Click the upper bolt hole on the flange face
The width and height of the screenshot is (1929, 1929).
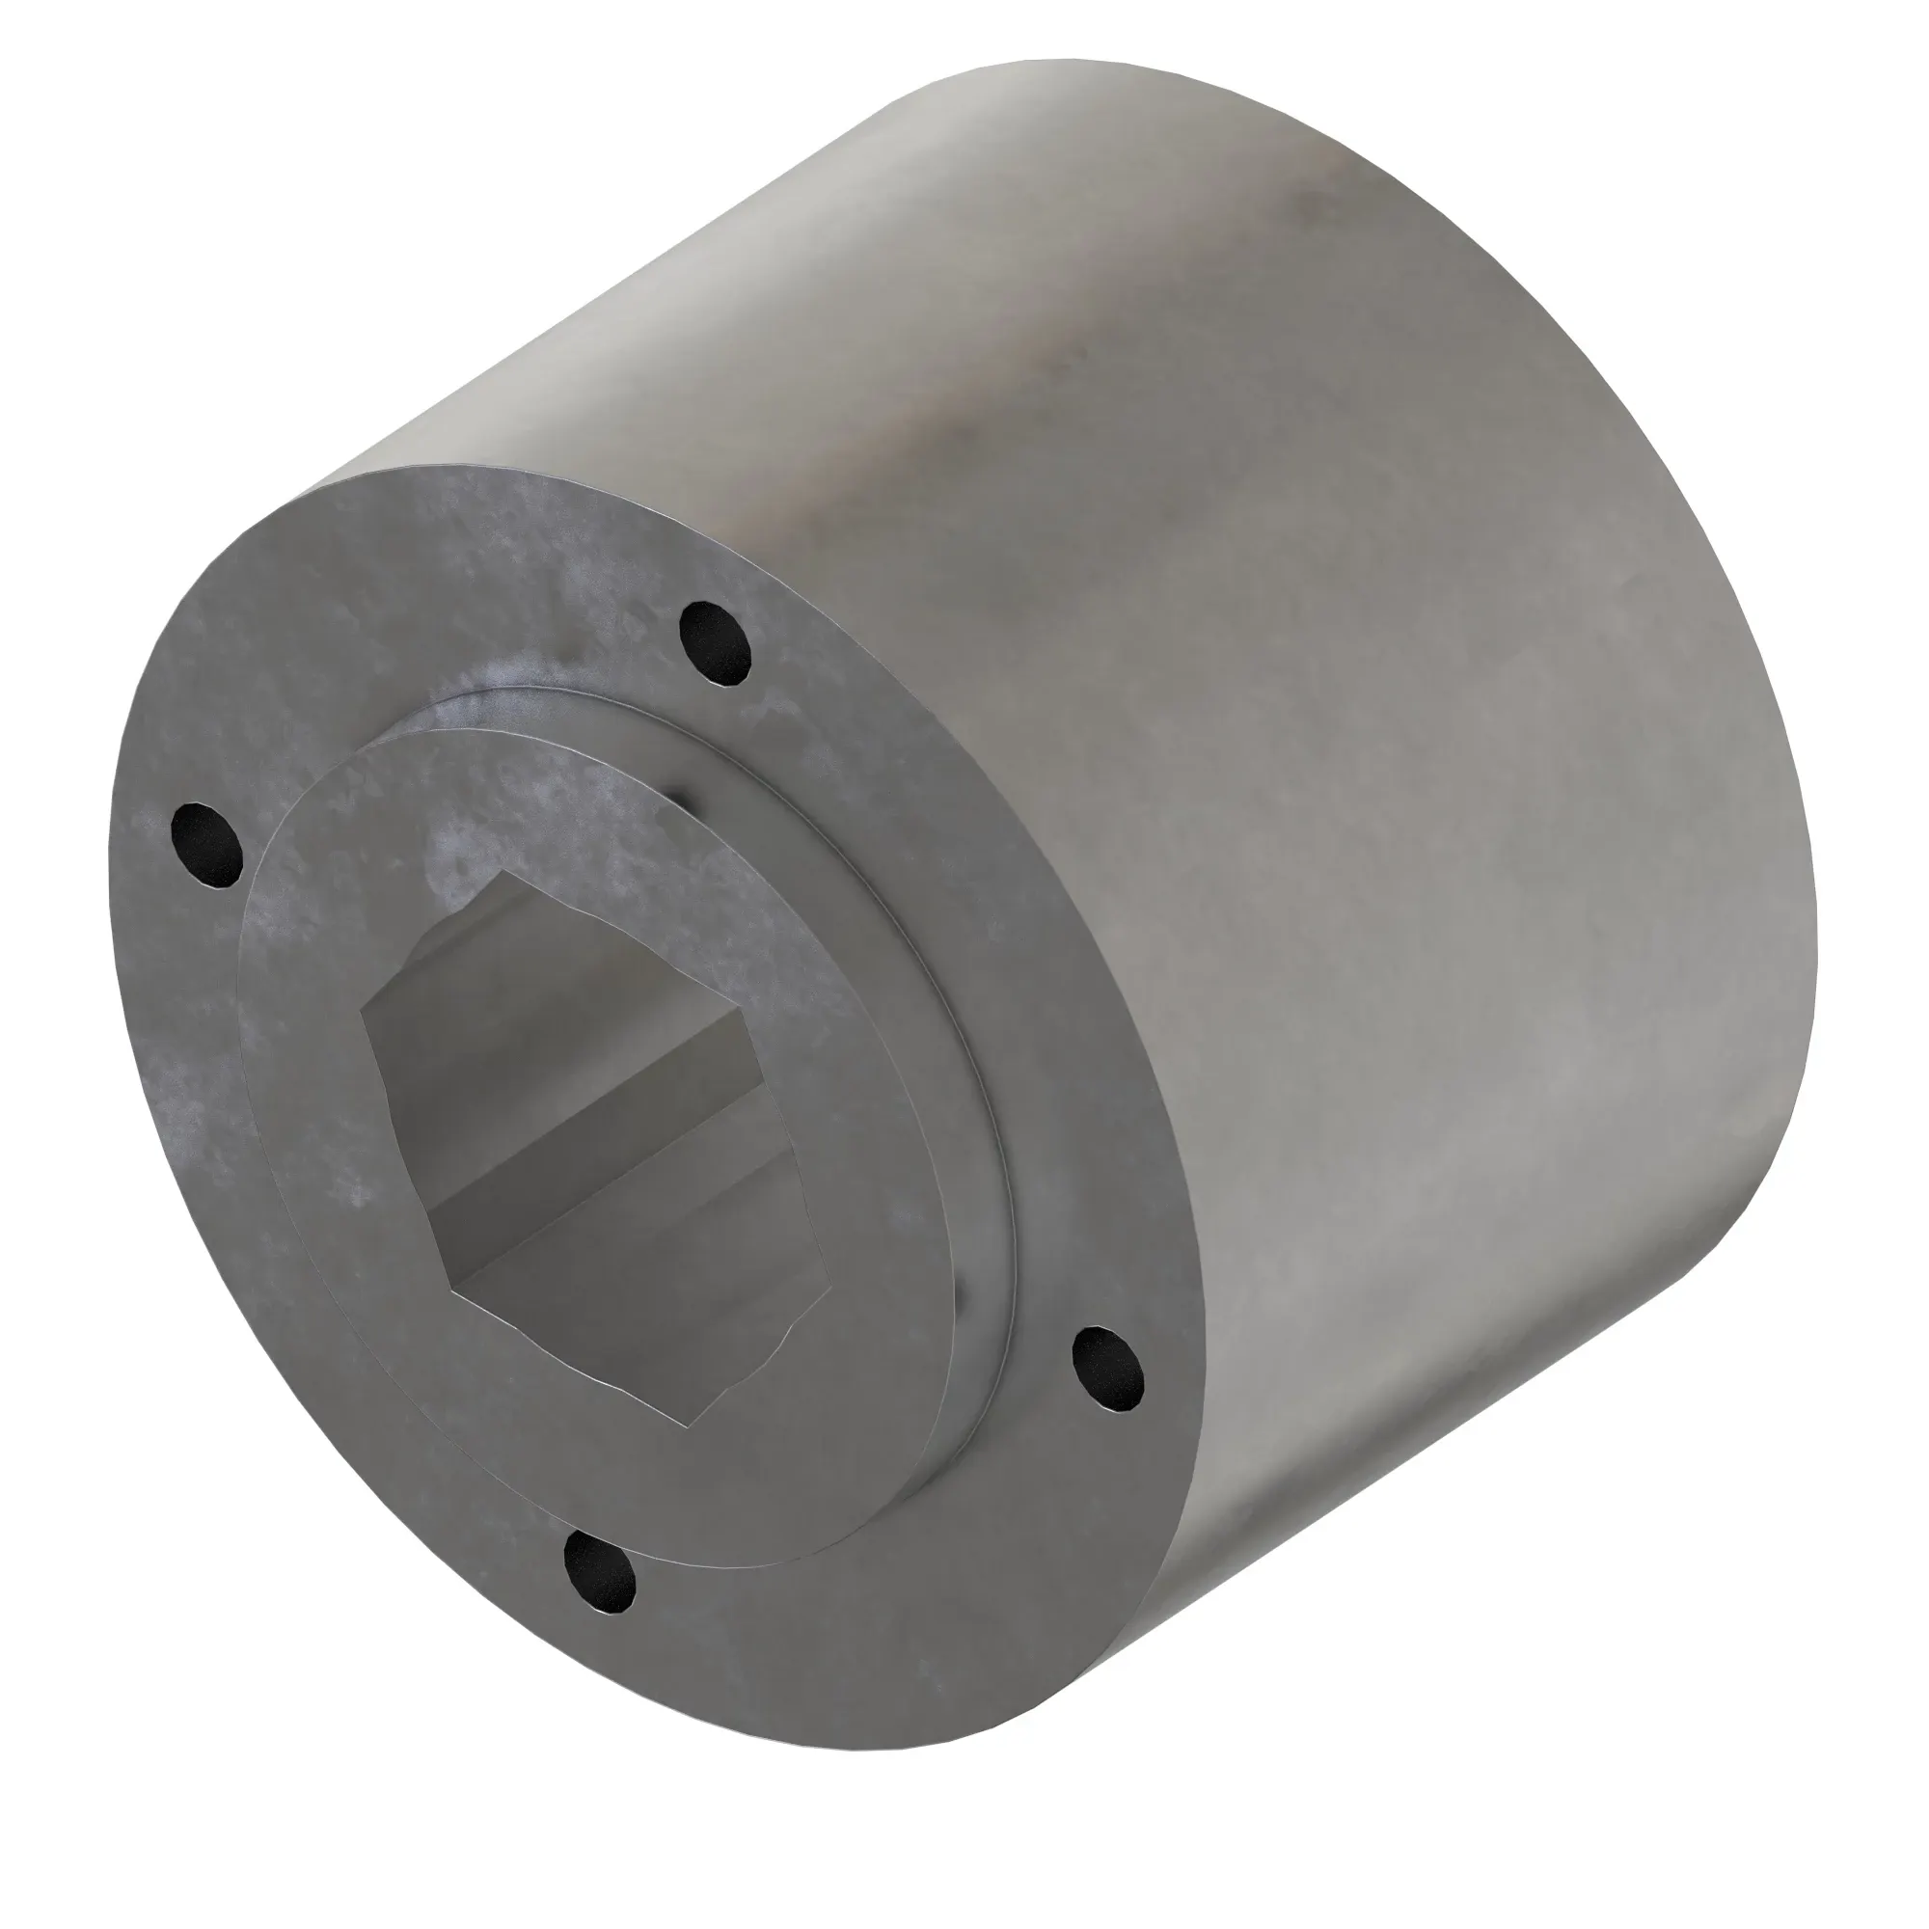pyautogui.click(x=715, y=644)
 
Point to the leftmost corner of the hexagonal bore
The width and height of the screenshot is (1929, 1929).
pyautogui.click(x=363, y=1012)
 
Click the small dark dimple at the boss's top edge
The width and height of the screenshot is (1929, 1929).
pyautogui.click(x=679, y=799)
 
